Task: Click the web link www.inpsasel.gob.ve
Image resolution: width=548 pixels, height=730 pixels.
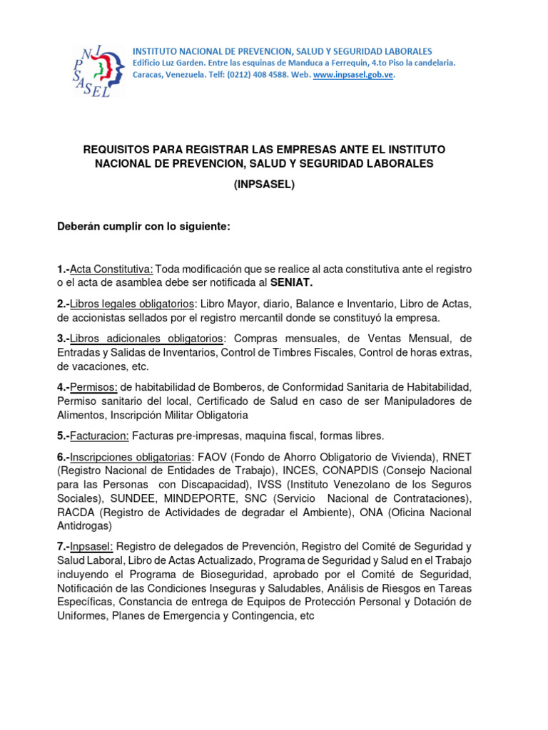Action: (353, 75)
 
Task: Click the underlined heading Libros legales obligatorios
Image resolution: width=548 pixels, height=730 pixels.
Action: (132, 304)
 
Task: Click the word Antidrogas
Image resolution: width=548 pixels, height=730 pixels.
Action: (84, 526)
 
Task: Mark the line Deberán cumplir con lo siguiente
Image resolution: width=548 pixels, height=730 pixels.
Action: (144, 227)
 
